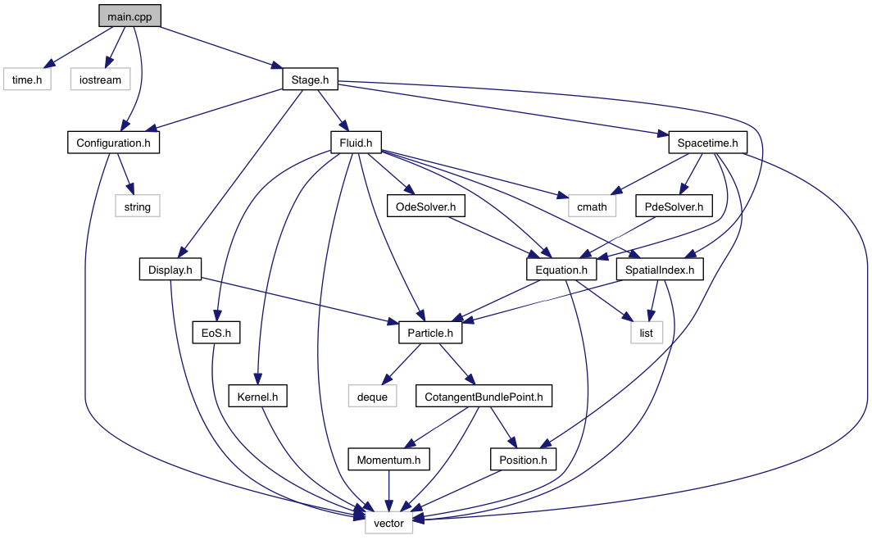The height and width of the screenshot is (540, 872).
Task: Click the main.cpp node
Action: [x=129, y=16]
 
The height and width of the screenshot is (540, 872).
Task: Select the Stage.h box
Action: [x=310, y=79]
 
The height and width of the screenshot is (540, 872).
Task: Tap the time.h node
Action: [x=27, y=79]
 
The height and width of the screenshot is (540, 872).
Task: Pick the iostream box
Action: [x=100, y=79]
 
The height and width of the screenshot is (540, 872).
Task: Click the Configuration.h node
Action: [x=113, y=143]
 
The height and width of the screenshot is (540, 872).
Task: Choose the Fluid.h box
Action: [x=356, y=143]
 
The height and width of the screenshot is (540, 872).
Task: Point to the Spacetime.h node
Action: [x=707, y=143]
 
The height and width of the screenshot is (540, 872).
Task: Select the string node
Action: [x=138, y=206]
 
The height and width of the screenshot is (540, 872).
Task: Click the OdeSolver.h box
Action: [x=426, y=206]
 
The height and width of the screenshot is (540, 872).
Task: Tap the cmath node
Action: [x=592, y=206]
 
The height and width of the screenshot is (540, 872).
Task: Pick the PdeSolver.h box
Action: [x=674, y=206]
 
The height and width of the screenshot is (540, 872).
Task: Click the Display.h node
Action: [x=170, y=270]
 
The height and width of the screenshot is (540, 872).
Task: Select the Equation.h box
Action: [x=561, y=270]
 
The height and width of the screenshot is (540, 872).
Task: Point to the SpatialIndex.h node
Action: [x=660, y=270]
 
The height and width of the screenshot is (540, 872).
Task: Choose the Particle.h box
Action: [x=430, y=333]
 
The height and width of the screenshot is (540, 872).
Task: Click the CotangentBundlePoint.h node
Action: [x=484, y=397]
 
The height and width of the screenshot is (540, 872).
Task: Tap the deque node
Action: [x=372, y=397]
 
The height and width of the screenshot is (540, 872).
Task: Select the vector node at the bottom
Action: [x=388, y=523]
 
